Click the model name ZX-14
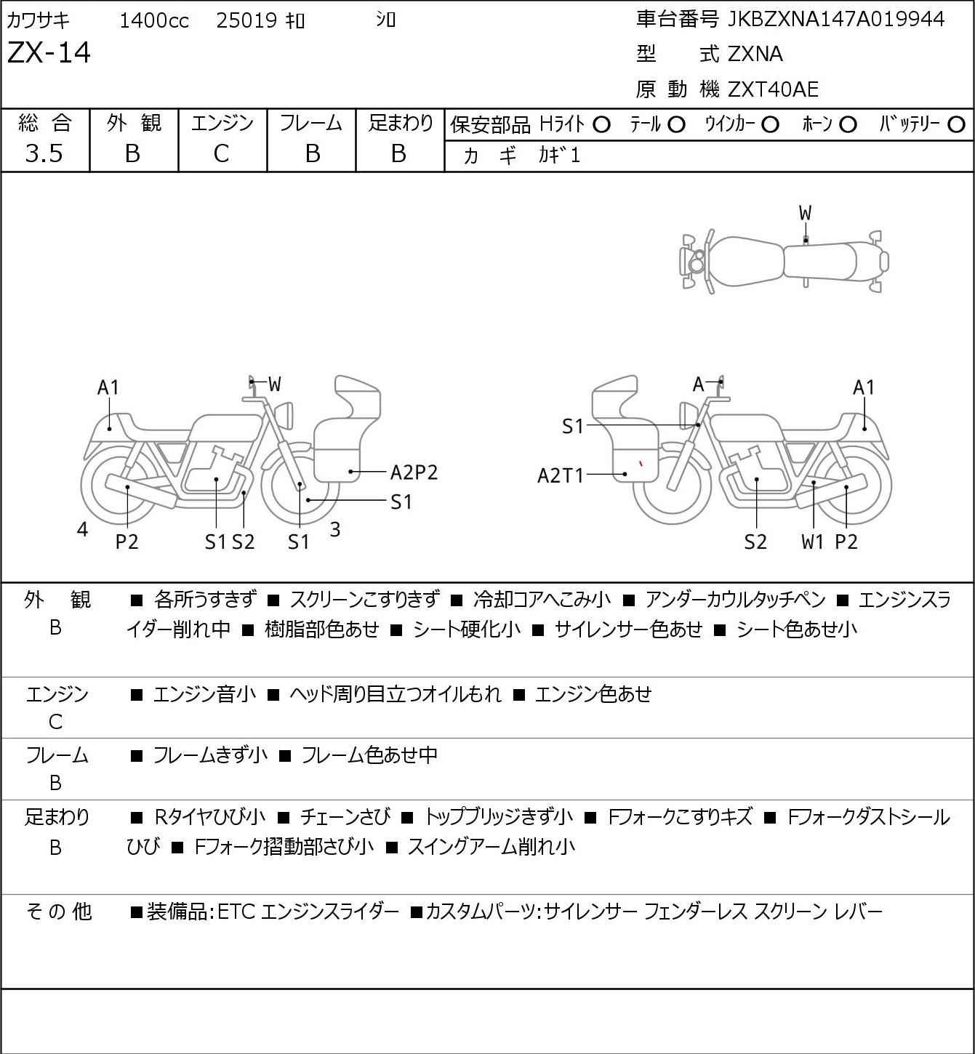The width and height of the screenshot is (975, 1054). tap(49, 52)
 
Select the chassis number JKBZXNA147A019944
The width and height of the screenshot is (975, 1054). tap(836, 20)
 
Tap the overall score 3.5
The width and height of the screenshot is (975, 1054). tap(44, 153)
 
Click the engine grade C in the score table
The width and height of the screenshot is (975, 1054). tap(222, 153)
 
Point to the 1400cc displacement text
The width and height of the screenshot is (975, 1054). tap(154, 20)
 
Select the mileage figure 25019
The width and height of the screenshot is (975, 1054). tap(247, 20)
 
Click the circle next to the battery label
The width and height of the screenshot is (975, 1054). tap(956, 125)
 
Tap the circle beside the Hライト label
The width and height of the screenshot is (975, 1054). tap(601, 125)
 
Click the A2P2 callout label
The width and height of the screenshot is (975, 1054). tap(414, 472)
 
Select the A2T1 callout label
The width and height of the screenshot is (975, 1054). tap(561, 475)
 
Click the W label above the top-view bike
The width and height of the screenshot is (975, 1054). tap(805, 214)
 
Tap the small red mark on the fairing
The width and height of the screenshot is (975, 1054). tap(641, 463)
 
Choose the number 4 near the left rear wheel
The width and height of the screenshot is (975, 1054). tap(82, 529)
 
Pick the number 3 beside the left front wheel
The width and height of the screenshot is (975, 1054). tap(335, 529)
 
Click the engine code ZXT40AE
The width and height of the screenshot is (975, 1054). tap(773, 89)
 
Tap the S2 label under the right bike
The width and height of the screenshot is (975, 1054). tap(755, 542)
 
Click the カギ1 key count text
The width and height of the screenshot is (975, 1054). tap(558, 156)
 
